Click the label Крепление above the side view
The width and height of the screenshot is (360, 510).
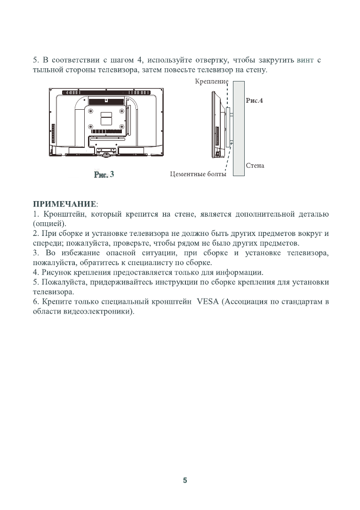[x=211, y=81]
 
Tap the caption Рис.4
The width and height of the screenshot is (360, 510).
[x=254, y=101]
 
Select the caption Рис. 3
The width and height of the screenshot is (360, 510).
[x=104, y=174]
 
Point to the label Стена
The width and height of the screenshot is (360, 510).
[x=255, y=166]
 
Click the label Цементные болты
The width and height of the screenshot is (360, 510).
[x=198, y=175]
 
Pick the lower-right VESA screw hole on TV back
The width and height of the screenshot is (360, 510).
[x=122, y=126]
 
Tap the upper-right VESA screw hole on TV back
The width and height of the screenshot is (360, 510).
[x=122, y=111]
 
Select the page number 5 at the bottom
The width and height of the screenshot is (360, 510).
[x=184, y=481]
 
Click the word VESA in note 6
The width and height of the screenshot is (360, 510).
[x=206, y=302]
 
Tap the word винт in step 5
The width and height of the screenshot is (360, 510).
[x=305, y=61]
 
